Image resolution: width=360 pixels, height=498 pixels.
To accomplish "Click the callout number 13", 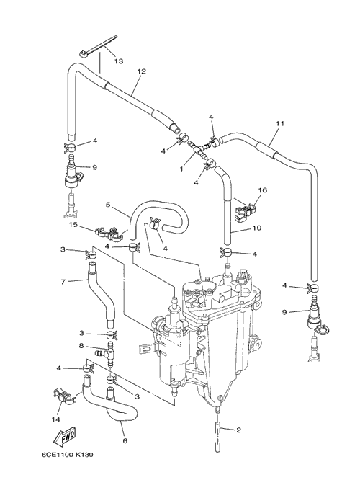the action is click(x=118, y=61).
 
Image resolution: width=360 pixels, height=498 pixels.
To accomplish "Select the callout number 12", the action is click(x=141, y=71).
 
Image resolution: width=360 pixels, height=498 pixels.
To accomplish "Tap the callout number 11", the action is click(x=280, y=123).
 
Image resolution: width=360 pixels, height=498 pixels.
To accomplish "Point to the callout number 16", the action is click(x=263, y=190).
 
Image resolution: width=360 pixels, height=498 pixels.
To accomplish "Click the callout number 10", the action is click(x=257, y=228).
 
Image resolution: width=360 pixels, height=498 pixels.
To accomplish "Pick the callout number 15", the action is click(x=73, y=225).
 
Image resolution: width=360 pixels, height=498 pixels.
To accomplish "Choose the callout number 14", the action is click(x=55, y=419).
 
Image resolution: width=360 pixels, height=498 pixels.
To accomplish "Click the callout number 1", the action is click(x=181, y=169).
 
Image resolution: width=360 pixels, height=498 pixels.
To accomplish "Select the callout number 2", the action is click(x=238, y=430).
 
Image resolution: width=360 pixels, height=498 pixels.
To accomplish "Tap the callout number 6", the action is click(x=125, y=440).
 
